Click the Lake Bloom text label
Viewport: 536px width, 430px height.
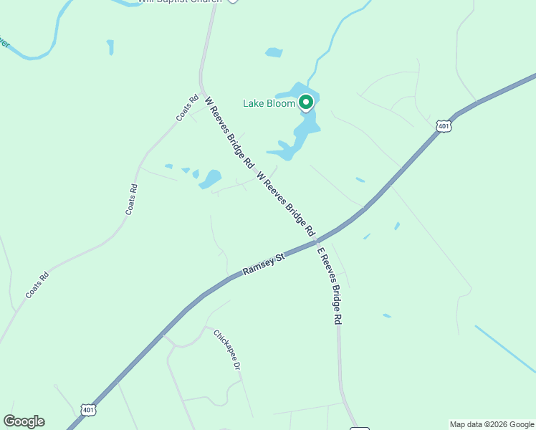click(269, 103)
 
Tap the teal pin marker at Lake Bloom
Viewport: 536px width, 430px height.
click(306, 102)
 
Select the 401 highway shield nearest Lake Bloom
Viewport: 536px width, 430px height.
click(444, 125)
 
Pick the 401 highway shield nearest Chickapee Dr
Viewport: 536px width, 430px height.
click(88, 410)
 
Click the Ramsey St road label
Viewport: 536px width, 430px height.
click(264, 263)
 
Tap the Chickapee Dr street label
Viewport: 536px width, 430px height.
click(226, 349)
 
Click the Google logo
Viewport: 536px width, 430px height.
click(24, 421)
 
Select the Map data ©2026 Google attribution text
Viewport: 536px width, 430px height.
click(492, 424)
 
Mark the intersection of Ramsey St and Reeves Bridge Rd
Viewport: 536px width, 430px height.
click(315, 242)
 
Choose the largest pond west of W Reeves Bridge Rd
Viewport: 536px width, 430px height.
click(211, 178)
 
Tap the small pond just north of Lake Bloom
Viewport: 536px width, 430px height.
click(274, 52)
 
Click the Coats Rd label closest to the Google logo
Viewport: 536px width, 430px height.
click(37, 285)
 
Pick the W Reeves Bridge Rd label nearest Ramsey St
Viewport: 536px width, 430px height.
click(285, 204)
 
